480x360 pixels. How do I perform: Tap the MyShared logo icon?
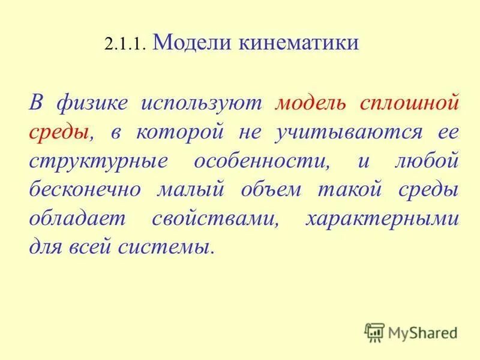click(374, 332)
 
